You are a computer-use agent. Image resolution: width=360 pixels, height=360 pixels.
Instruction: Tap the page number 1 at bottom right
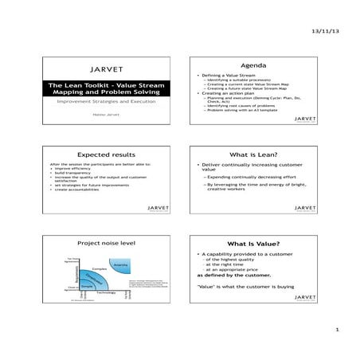[x=338, y=330]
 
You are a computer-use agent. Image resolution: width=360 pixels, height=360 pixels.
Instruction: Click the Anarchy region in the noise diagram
[x=122, y=264]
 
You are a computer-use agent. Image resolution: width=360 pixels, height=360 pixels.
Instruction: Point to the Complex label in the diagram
[x=100, y=269]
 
